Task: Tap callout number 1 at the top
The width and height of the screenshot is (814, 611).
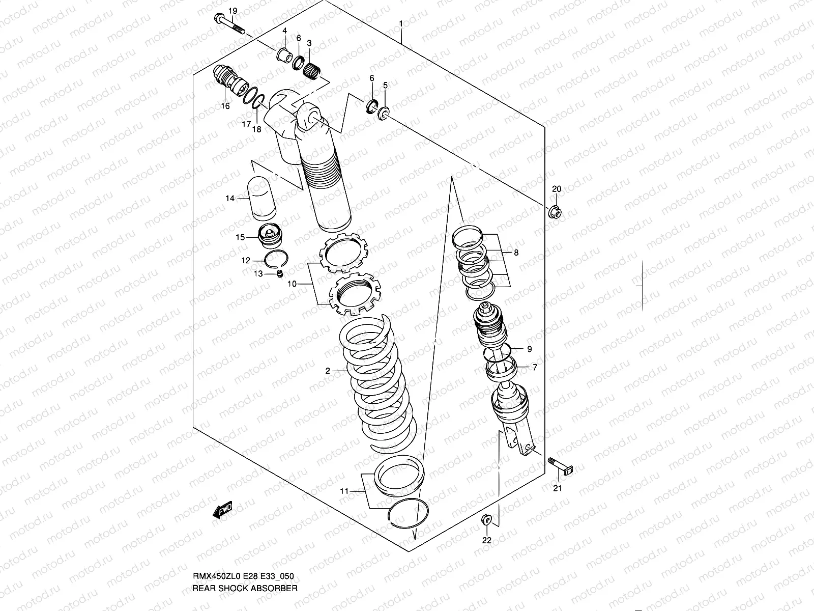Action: click(x=401, y=24)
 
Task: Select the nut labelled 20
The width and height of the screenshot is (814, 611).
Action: click(x=555, y=211)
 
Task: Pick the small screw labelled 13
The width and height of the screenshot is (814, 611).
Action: click(x=279, y=275)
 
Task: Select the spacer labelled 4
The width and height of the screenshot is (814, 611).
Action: click(x=284, y=54)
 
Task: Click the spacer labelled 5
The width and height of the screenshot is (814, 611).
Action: click(x=385, y=113)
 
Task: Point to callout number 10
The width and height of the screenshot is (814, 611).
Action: click(x=292, y=284)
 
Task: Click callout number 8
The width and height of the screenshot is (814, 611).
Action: click(x=516, y=252)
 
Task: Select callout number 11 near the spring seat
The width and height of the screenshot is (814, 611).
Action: click(x=344, y=491)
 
